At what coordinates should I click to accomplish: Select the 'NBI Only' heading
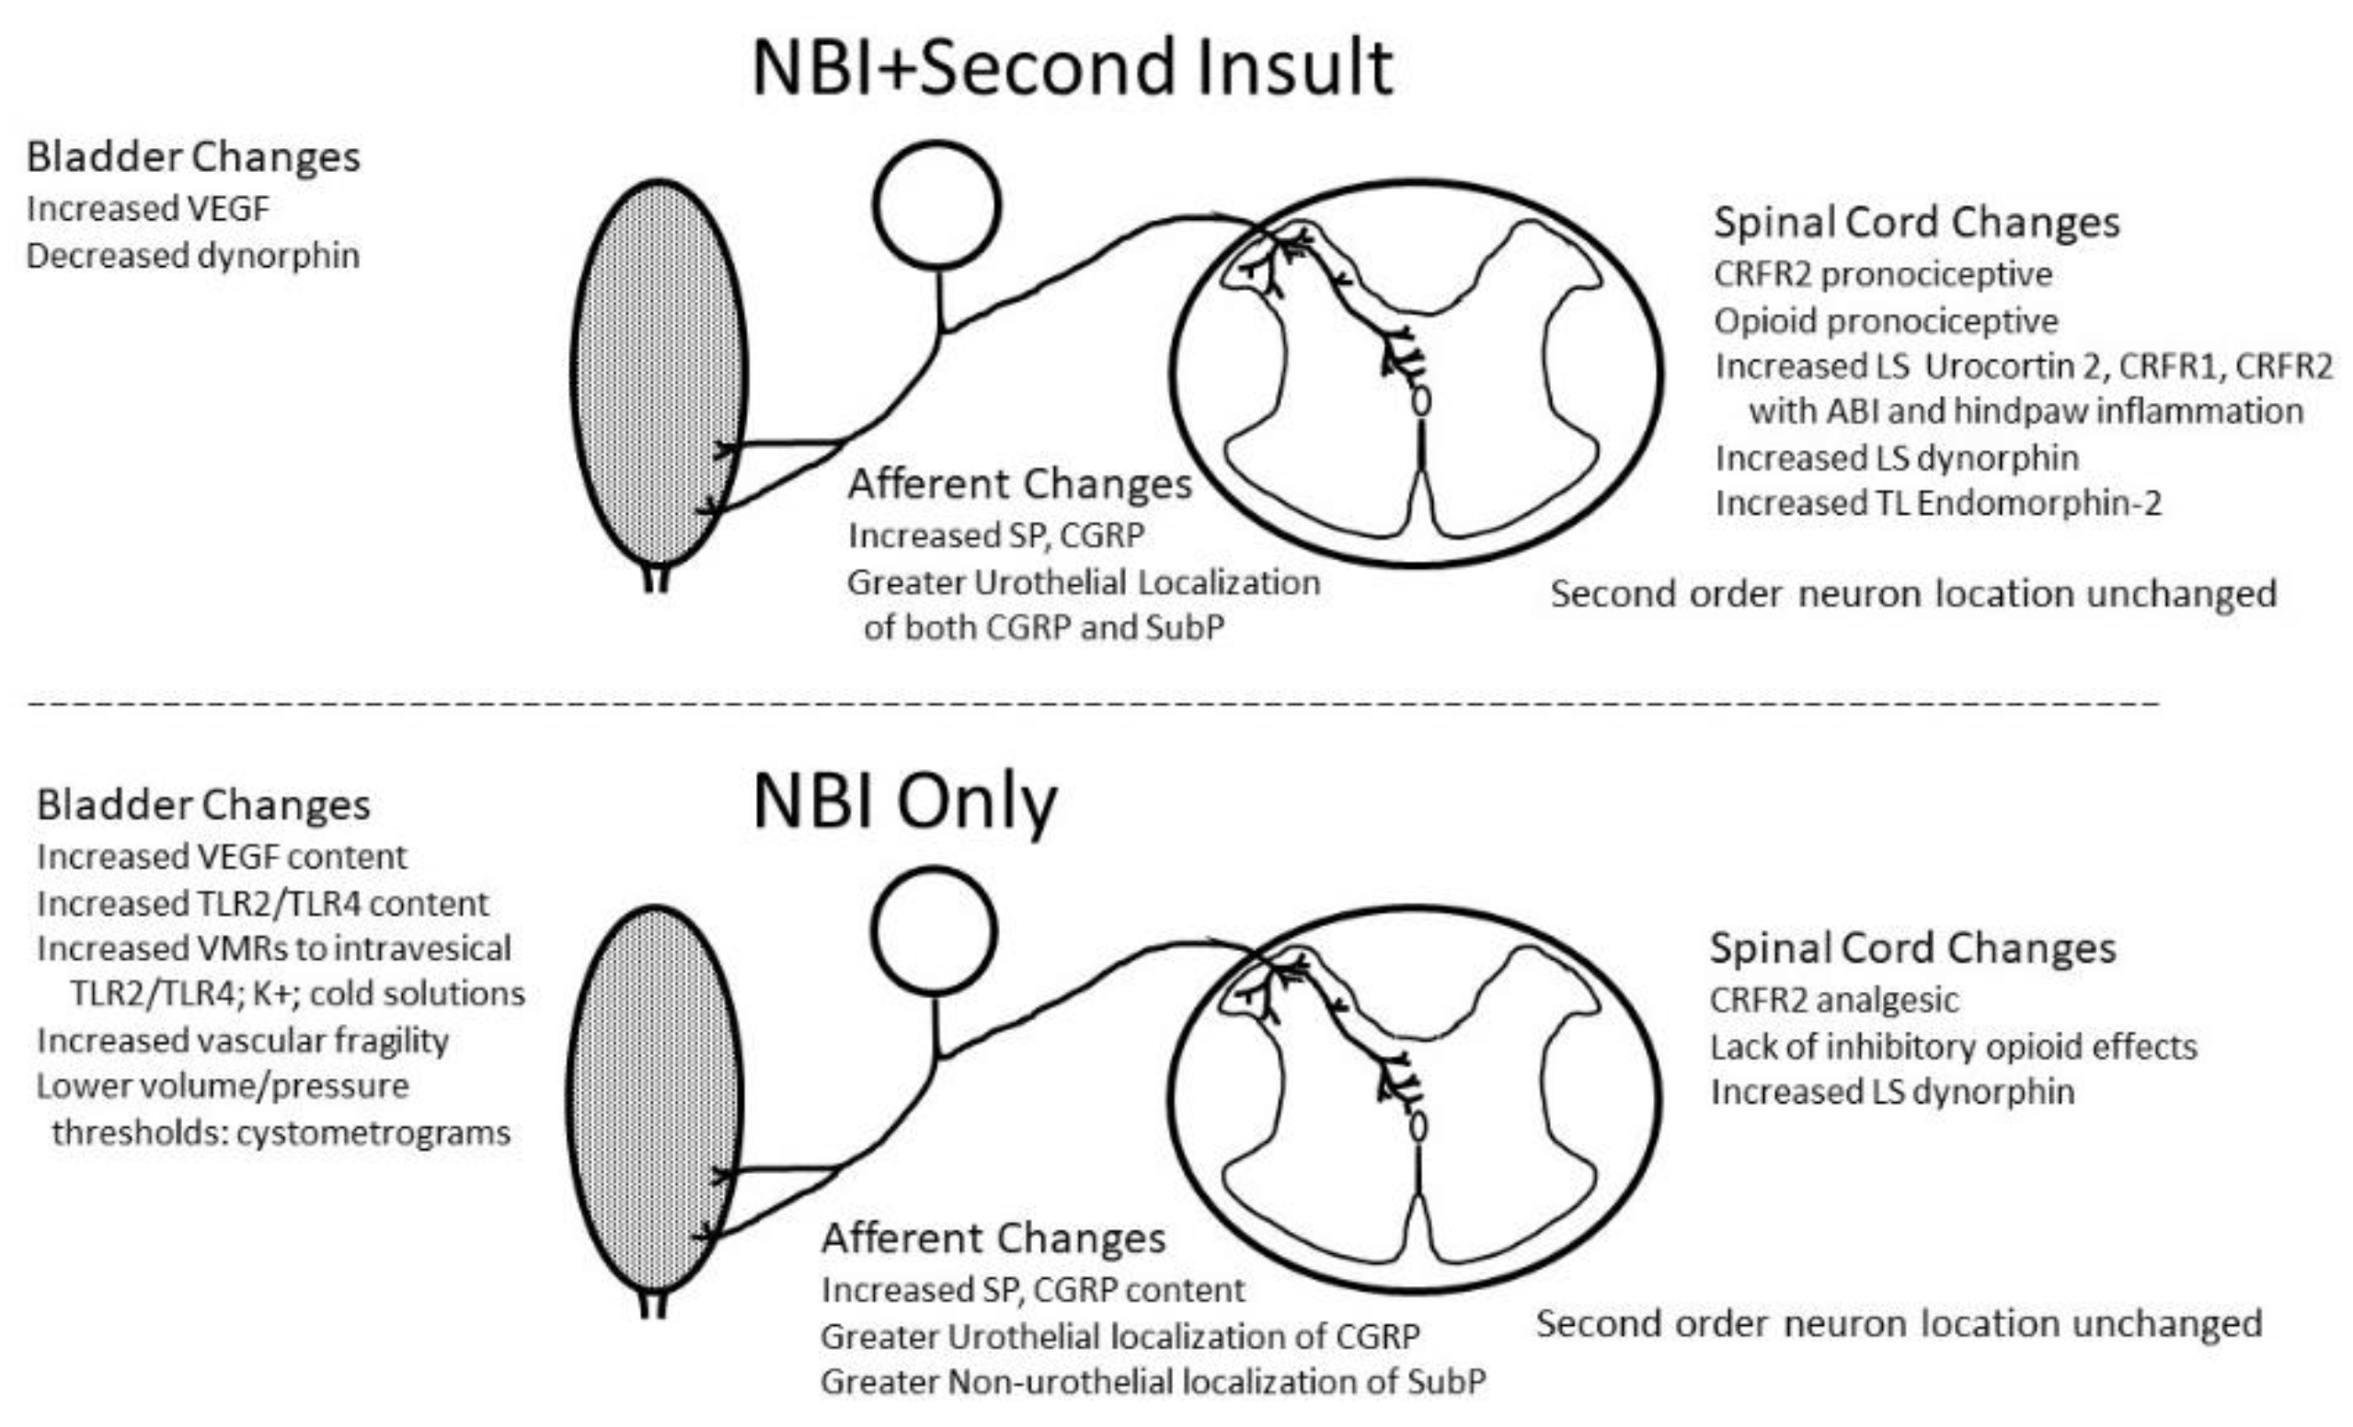pyautogui.click(x=904, y=802)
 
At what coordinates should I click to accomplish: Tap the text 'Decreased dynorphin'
pyautogui.click(x=193, y=256)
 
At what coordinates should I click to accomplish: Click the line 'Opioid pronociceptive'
pyautogui.click(x=1886, y=321)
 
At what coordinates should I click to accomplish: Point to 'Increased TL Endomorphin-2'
pyautogui.click(x=1937, y=503)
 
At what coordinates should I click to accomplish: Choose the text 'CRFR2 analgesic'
pyautogui.click(x=1833, y=1000)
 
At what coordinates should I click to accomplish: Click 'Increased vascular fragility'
pyautogui.click(x=243, y=1041)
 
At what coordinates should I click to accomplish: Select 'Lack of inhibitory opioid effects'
pyautogui.click(x=1953, y=1047)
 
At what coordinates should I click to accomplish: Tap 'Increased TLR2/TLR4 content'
pyautogui.click(x=262, y=903)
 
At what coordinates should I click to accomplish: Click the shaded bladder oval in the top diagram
pyautogui.click(x=659, y=373)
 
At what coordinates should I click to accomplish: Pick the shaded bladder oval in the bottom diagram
pyautogui.click(x=655, y=1099)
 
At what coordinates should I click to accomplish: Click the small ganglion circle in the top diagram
pyautogui.click(x=935, y=204)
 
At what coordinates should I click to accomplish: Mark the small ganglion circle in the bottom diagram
pyautogui.click(x=934, y=930)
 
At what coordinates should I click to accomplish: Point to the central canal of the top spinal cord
pyautogui.click(x=1422, y=400)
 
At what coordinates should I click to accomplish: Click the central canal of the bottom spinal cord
pyautogui.click(x=1419, y=1127)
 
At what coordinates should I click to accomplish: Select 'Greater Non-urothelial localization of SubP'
pyautogui.click(x=1153, y=1382)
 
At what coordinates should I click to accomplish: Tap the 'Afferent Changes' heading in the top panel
pyautogui.click(x=1020, y=484)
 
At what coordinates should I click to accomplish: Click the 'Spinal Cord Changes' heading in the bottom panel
pyautogui.click(x=1912, y=948)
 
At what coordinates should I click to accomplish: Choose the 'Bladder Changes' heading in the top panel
pyautogui.click(x=193, y=156)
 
